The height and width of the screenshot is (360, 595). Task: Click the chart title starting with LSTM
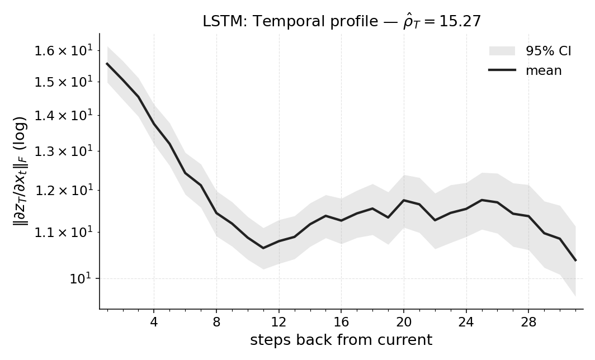341,22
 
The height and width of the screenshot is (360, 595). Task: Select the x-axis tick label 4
154,322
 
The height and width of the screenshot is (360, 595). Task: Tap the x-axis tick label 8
216,322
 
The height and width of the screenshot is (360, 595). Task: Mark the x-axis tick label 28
528,322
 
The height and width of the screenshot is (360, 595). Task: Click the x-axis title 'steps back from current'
341,340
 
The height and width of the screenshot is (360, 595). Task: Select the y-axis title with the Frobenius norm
20,171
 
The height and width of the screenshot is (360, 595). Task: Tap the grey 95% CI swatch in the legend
502,51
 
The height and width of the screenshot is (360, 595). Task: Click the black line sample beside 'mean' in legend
502,70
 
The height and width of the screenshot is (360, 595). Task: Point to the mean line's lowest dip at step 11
263,248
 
